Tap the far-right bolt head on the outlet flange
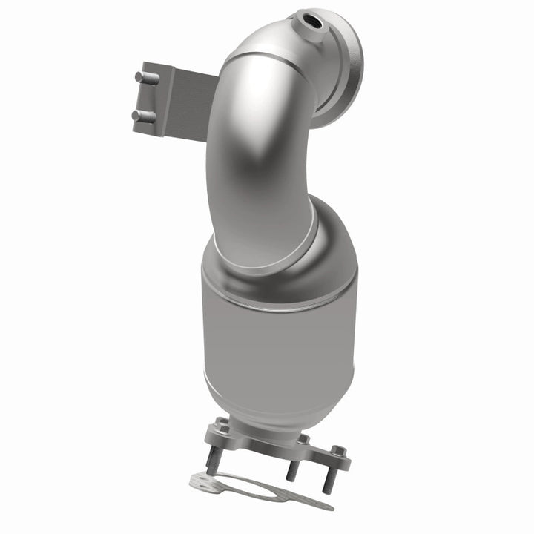[338, 452]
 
